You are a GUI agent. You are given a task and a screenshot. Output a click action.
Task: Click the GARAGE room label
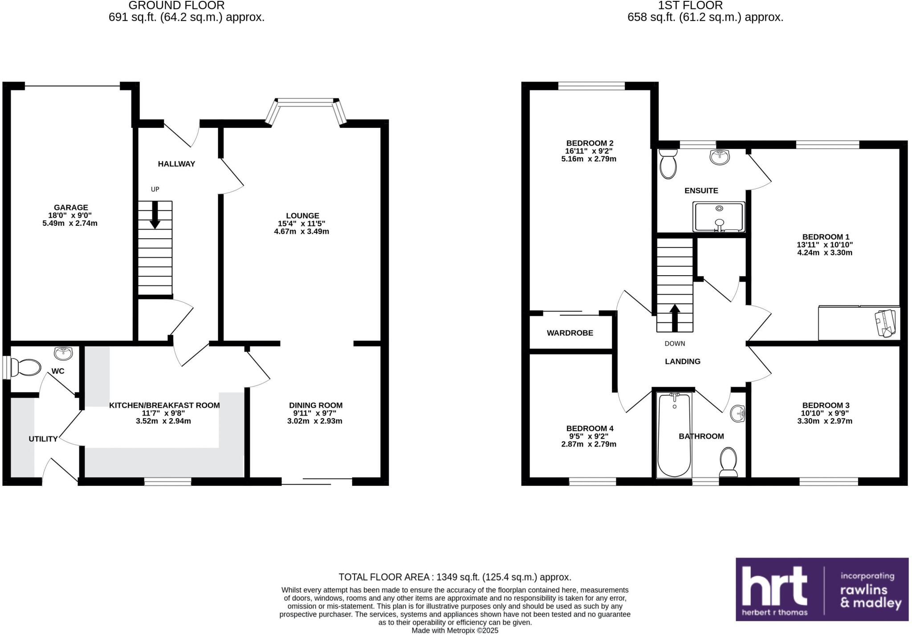pos(71,207)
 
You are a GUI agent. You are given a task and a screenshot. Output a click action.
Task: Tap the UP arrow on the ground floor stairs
pos(155,215)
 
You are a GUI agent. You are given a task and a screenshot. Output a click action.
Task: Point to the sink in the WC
pos(63,354)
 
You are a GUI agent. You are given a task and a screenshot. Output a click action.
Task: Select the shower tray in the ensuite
pos(718,217)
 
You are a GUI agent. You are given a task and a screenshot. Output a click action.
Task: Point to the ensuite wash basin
pos(720,157)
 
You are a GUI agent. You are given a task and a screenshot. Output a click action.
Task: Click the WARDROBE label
pos(570,333)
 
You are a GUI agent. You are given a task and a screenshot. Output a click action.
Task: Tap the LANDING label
pos(682,361)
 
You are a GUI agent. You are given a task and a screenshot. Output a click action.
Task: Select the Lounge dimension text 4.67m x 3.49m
pos(301,231)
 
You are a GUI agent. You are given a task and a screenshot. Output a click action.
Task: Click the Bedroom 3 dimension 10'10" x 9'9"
pos(825,413)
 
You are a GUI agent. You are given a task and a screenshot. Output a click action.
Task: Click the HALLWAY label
pos(176,163)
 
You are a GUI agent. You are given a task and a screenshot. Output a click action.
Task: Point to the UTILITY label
pos(43,439)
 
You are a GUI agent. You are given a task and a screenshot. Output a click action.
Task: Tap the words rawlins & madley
pos(870,596)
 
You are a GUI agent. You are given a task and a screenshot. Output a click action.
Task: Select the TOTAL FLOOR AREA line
pos(455,577)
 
